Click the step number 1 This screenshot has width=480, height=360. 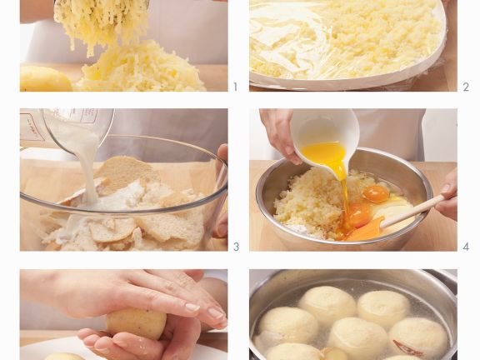(x=235, y=87)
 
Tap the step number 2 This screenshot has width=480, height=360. (x=466, y=87)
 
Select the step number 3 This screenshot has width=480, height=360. (x=236, y=247)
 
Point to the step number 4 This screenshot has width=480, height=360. (x=466, y=247)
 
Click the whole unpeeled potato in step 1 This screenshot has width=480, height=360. (x=46, y=78)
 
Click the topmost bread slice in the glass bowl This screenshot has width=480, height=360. (x=127, y=173)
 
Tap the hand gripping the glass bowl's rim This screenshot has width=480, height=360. (x=221, y=190)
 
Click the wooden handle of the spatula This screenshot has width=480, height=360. (x=412, y=212)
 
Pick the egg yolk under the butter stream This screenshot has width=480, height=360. (x=358, y=214)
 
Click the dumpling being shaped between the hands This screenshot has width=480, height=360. (x=136, y=324)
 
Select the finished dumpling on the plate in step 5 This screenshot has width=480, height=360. (x=62, y=357)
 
